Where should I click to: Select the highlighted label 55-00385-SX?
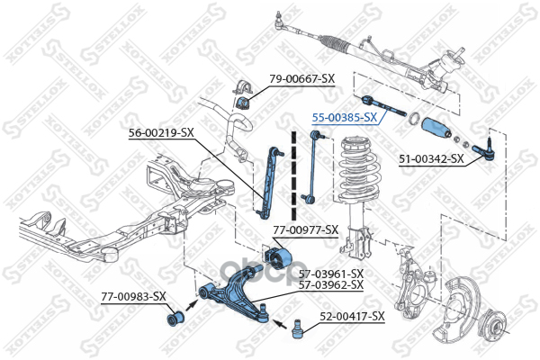(344, 117)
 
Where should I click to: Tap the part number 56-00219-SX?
(161, 132)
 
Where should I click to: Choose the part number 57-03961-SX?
(331, 273)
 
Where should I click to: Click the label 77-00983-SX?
(133, 295)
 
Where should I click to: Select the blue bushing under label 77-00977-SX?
(279, 257)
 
